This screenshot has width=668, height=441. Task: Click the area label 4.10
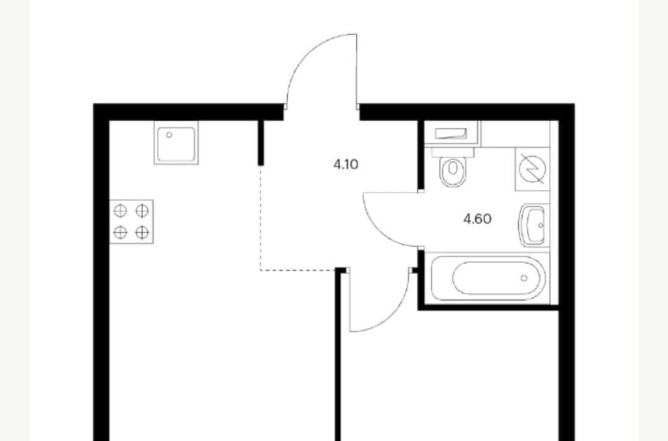[346, 164]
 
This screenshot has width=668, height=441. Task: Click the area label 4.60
[477, 219]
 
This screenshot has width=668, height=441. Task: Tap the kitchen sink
[176, 143]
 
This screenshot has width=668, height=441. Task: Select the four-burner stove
[131, 222]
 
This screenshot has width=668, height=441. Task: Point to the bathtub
[488, 278]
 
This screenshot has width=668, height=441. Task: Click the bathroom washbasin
[533, 225]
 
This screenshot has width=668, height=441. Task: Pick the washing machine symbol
[533, 169]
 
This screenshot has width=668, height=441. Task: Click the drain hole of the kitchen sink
[169, 135]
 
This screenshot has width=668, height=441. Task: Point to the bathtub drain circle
[524, 278]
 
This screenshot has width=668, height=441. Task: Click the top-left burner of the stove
[121, 211]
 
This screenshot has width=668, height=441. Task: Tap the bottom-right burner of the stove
[142, 232]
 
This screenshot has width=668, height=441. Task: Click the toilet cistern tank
[453, 152]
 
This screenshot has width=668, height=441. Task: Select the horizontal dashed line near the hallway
[298, 271]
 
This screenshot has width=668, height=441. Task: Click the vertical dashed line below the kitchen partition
[260, 217]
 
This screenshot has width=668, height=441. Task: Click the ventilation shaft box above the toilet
[452, 134]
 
